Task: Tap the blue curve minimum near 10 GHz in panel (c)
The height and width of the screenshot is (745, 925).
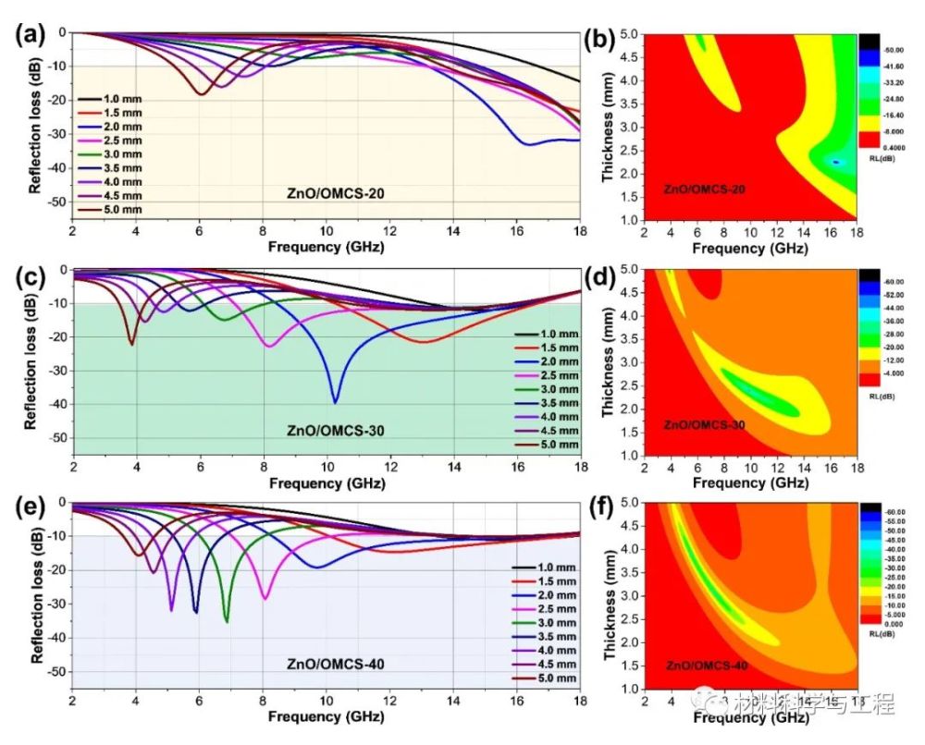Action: click(x=335, y=402)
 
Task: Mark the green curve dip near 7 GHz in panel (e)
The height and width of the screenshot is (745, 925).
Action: click(x=227, y=621)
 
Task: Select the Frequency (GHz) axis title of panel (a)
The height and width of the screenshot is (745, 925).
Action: click(x=326, y=247)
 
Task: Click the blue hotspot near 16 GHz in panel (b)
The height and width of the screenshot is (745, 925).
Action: click(x=835, y=162)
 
